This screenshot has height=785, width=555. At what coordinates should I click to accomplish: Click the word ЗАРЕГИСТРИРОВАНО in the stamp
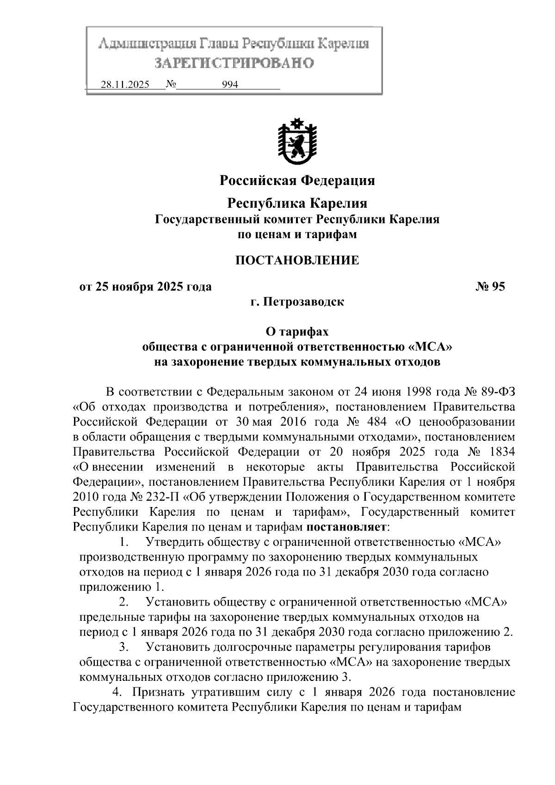(x=234, y=63)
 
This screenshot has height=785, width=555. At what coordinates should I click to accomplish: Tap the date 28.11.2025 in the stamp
(x=125, y=85)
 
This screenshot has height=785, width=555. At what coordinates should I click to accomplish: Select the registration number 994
(x=230, y=85)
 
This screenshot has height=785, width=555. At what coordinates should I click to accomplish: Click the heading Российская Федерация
(x=297, y=180)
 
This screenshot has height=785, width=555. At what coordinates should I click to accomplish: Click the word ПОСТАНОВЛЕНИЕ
(x=297, y=260)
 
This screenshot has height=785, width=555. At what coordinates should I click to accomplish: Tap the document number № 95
(x=490, y=287)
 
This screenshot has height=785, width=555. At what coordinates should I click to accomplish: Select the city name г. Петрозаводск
(x=297, y=302)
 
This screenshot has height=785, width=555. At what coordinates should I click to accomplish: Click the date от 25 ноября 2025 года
(x=146, y=287)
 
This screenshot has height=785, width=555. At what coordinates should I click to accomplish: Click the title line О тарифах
(x=297, y=332)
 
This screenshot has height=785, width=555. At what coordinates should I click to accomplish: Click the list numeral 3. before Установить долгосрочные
(x=123, y=647)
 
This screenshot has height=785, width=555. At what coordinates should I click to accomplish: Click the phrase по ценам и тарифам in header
(x=297, y=235)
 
